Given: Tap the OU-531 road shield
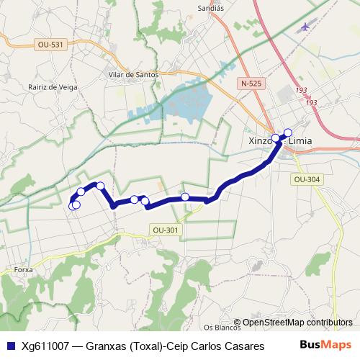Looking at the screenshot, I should (x=49, y=45).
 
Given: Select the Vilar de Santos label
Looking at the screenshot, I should (x=132, y=74).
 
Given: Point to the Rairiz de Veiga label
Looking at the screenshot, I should (x=53, y=87).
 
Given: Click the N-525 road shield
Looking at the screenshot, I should (x=251, y=84).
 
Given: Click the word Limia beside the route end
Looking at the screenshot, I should (x=300, y=141).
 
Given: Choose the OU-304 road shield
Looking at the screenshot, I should (x=307, y=179).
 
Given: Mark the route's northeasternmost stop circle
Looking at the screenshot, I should (x=288, y=132).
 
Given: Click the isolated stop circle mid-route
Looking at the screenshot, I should (x=185, y=197).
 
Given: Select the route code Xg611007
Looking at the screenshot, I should (x=45, y=346).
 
